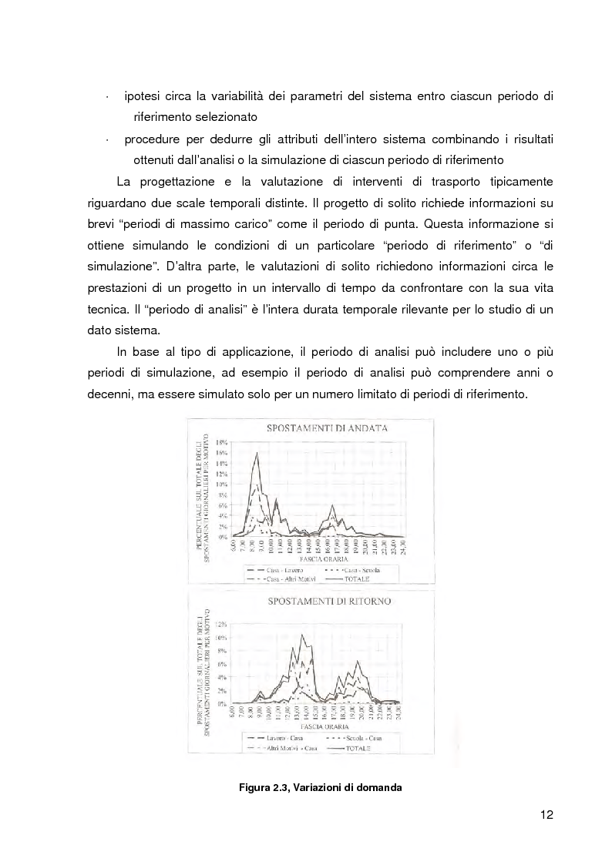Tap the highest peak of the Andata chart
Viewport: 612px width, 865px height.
point(256,453)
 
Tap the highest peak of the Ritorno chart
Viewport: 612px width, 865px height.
point(303,635)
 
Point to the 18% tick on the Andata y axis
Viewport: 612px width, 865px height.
point(221,443)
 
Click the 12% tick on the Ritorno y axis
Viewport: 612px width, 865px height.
point(221,625)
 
